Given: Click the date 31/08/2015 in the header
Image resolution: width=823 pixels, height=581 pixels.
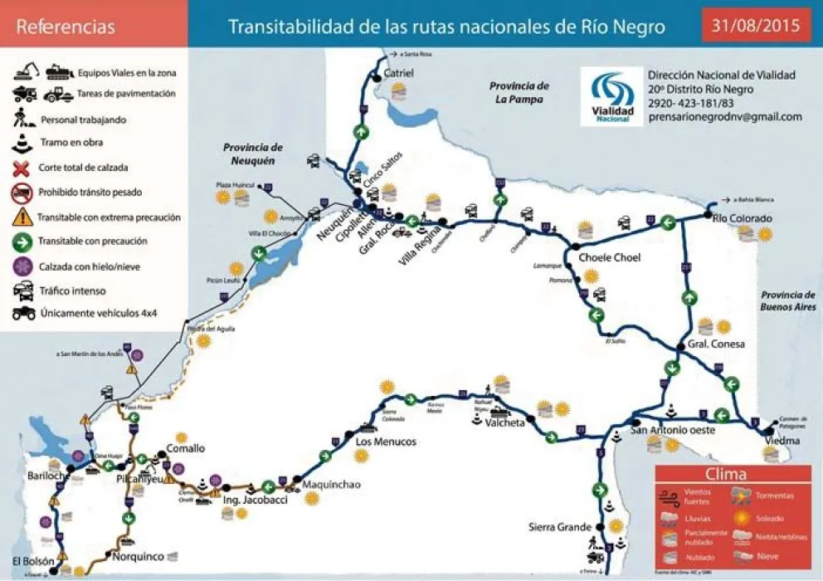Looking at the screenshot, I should [756, 26].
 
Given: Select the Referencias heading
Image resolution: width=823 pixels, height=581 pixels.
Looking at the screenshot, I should [66, 27].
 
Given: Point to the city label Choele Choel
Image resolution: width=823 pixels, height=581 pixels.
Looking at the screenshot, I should [609, 257].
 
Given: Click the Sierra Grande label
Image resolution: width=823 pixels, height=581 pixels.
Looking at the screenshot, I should [560, 527].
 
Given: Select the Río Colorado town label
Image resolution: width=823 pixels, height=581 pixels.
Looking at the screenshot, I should [743, 219].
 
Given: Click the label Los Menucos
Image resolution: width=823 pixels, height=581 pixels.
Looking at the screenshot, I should [385, 442].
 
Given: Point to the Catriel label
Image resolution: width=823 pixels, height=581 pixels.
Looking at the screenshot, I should [399, 73].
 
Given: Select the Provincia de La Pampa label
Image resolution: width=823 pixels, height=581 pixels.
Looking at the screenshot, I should [519, 92].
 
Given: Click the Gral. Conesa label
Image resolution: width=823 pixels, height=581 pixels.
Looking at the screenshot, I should [716, 344].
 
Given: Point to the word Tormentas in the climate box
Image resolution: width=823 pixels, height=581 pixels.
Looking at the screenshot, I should [774, 496].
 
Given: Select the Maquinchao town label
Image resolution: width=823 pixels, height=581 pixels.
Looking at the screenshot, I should [331, 485].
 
